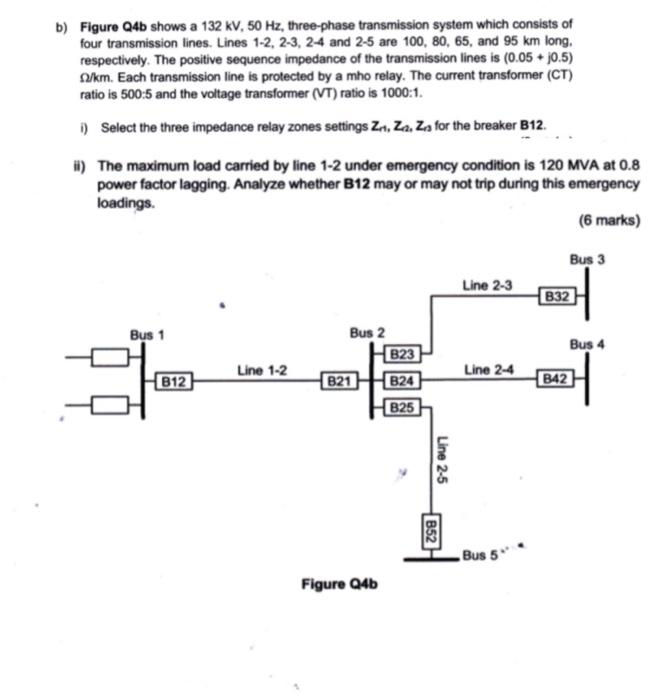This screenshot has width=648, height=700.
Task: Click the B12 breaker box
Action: pyautogui.click(x=175, y=380)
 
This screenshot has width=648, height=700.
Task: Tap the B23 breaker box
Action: pyautogui.click(x=402, y=354)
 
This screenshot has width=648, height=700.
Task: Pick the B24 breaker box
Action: pyautogui.click(x=402, y=380)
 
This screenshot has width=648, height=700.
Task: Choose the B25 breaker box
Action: pyautogui.click(x=402, y=407)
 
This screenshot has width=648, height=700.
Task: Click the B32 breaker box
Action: pyautogui.click(x=558, y=296)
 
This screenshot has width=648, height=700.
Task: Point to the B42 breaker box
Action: pyautogui.click(x=555, y=380)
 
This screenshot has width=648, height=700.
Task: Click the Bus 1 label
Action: pyautogui.click(x=146, y=334)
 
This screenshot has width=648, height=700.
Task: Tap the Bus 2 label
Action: pyautogui.click(x=367, y=331)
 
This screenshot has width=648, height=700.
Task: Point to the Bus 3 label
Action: pyautogui.click(x=587, y=260)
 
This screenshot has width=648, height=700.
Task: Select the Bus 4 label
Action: pyautogui.click(x=587, y=344)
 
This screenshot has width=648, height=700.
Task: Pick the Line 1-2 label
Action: pyautogui.click(x=263, y=370)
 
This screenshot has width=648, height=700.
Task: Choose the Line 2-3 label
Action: pyautogui.click(x=487, y=286)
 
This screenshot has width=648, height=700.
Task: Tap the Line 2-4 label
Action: pyautogui.click(x=489, y=370)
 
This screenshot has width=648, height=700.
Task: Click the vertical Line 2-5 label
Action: pyautogui.click(x=442, y=462)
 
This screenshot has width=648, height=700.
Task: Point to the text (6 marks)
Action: pyautogui.click(x=609, y=221)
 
